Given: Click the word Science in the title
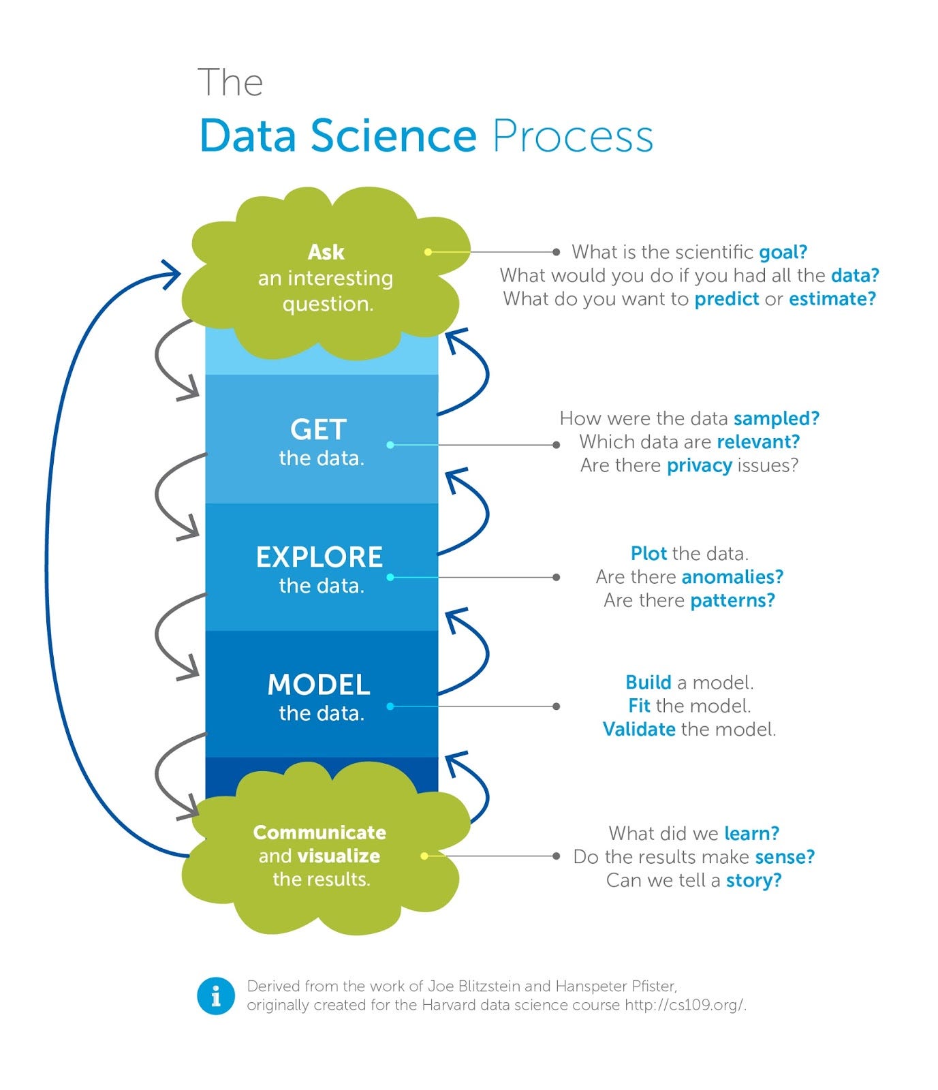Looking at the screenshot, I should (394, 136).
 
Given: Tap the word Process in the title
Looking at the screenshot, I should (572, 137).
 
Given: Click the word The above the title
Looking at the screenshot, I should (230, 83).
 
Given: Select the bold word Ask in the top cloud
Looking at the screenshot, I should (326, 252).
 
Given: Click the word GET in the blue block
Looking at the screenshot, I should (319, 430).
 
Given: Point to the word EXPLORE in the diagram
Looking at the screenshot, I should (319, 557).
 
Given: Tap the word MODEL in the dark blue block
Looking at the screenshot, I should (319, 685).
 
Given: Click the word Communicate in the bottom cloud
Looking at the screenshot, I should (319, 832).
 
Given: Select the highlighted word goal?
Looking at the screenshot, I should (783, 252).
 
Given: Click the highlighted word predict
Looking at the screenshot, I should (726, 299).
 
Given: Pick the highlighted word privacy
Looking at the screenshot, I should (699, 465).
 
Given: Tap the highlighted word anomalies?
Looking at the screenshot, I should (732, 577).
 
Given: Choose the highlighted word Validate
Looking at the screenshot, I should (639, 730).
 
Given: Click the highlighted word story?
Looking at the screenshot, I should (753, 880).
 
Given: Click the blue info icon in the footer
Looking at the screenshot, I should (216, 996).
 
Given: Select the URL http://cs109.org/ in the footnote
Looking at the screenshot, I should (685, 1006).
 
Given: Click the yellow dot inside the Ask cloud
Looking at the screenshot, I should (428, 252).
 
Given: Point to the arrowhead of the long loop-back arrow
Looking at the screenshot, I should (174, 274).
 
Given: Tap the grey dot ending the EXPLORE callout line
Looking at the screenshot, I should (557, 577).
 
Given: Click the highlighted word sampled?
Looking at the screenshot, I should (776, 418).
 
